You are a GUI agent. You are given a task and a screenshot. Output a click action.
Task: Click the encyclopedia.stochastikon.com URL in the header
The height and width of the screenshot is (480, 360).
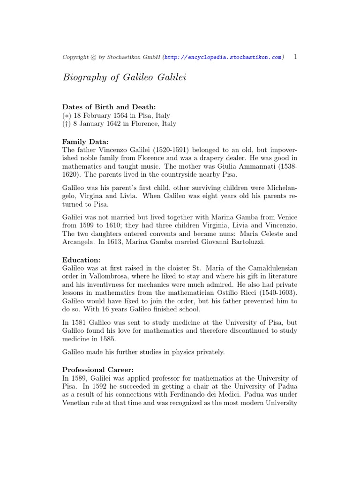tap(223, 57)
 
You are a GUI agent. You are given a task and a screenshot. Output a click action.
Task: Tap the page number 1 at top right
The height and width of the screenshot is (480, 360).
tap(295, 57)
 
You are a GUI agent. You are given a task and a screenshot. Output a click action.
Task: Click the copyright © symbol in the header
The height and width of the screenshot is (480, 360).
tap(94, 57)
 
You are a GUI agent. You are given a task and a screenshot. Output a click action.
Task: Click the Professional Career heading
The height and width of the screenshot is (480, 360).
tap(98, 369)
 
